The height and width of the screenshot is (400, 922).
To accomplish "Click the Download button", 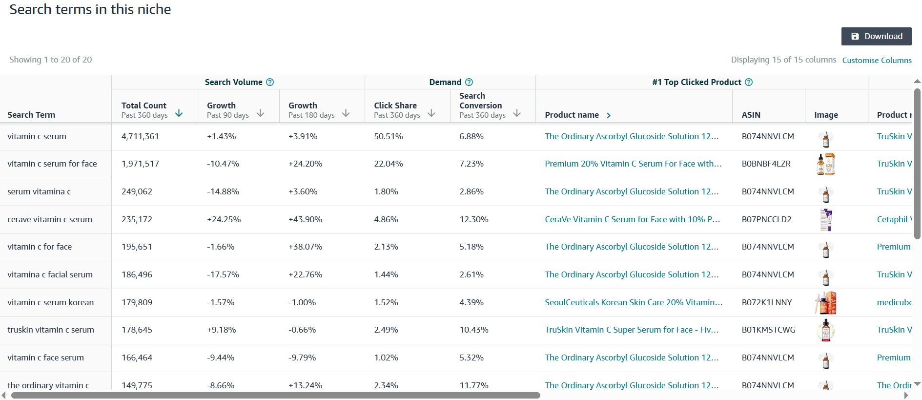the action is point(876,36).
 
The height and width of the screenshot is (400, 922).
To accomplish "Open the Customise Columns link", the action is point(877,60).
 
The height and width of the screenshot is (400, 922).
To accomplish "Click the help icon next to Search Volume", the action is point(270,82).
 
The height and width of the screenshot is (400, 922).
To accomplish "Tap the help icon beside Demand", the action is point(469,82).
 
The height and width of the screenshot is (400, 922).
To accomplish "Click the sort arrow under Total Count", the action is point(179,113).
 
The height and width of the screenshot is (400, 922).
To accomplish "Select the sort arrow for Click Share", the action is point(431,113).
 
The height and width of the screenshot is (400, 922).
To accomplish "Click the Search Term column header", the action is point(31,115).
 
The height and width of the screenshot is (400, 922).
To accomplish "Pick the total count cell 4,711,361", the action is point(140,136).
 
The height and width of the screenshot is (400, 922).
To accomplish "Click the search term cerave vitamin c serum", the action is point(50,219).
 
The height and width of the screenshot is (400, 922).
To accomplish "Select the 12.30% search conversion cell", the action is point(473,219).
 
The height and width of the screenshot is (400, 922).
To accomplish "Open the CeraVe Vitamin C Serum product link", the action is point(633,219).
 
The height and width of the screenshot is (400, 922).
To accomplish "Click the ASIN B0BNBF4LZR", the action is point(766,164).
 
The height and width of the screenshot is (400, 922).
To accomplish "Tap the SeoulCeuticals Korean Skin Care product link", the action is point(634,302).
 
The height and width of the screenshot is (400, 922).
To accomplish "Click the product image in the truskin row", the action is point(826,330).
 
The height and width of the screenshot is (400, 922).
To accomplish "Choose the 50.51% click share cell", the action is point(389,136).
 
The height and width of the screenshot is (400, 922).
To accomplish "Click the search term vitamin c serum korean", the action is point(50,302).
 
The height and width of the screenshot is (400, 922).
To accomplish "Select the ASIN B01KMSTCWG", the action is point(768,330).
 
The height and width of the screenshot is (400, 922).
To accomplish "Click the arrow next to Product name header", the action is point(608,115).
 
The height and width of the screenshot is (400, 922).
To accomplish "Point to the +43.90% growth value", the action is point(305,219).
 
